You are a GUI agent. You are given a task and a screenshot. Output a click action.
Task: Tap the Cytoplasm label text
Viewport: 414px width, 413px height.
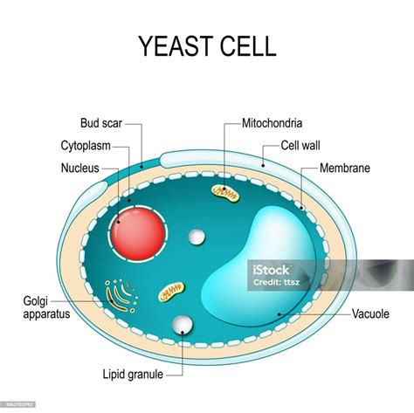85,146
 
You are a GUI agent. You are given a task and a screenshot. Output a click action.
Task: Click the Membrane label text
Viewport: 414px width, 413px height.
344,166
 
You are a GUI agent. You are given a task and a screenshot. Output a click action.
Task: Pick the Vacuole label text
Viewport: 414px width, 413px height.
371,313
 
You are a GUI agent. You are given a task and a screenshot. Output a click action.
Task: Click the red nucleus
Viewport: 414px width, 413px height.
137,233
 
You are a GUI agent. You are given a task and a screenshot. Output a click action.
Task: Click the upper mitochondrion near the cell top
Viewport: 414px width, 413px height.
226,190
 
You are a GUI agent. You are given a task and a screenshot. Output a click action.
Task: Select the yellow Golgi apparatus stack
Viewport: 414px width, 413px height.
120,295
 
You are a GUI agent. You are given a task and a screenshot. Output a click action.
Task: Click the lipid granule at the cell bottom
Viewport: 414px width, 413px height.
183,326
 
